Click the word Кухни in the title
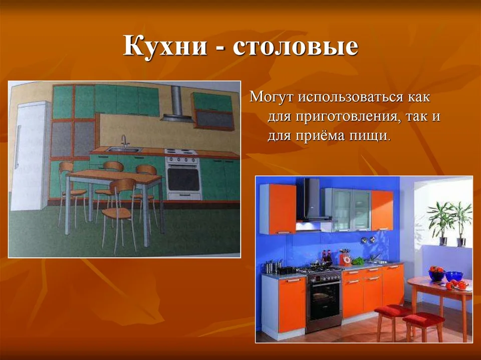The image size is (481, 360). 165,46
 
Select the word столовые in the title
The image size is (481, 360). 296,47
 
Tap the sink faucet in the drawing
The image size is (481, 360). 124,141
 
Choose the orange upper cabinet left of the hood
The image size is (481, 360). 278,209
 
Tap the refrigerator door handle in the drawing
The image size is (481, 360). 18,147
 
